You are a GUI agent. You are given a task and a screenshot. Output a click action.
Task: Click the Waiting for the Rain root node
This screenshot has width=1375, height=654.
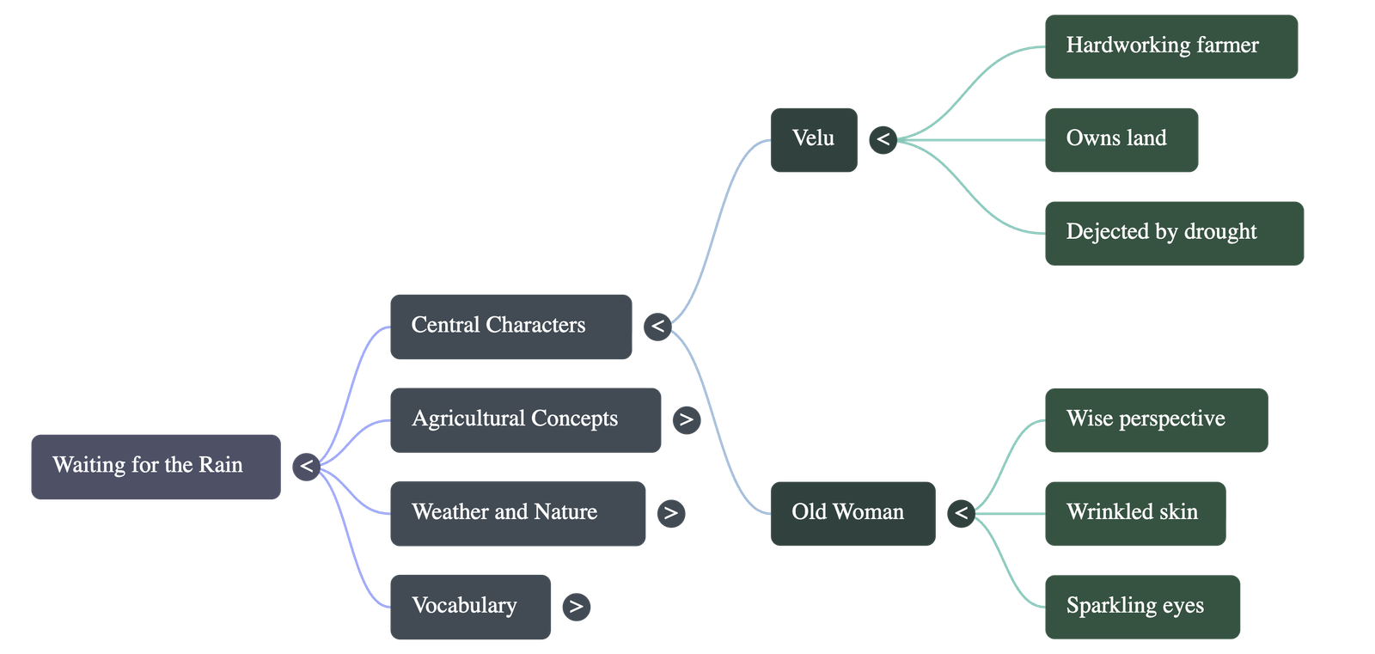[156, 467]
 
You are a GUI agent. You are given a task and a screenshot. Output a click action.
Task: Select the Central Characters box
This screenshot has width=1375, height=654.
[510, 327]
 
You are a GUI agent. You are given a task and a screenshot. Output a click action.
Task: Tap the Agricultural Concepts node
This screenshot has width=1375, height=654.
[525, 420]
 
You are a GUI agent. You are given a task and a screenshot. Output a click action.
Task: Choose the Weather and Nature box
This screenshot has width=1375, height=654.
[517, 513]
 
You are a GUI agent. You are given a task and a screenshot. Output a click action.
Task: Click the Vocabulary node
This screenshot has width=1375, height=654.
[470, 607]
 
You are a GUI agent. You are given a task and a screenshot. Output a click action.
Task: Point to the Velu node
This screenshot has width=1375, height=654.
[814, 140]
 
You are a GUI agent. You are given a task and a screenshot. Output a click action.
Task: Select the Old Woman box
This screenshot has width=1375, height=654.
[852, 513]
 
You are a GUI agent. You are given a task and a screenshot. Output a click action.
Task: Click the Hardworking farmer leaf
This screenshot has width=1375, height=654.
[1170, 47]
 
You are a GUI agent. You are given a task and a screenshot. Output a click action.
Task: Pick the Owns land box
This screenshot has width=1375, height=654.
[1121, 140]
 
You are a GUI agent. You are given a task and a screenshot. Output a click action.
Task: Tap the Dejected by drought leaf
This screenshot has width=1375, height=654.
[1174, 233]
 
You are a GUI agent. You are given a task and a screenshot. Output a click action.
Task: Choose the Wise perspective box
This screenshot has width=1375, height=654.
[1156, 420]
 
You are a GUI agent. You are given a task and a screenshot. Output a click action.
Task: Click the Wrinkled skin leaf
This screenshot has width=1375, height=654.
[1134, 513]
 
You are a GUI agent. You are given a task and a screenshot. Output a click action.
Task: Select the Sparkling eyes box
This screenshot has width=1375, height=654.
[1142, 607]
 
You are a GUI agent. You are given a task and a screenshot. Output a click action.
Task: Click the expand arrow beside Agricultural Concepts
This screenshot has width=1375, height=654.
[686, 420]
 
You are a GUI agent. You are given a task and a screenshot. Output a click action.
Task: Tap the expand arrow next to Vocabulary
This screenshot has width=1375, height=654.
[576, 607]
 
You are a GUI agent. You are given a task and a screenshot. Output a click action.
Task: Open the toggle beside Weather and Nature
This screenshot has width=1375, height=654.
[670, 514]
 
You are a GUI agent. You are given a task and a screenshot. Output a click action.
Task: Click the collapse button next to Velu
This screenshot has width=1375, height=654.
[883, 140]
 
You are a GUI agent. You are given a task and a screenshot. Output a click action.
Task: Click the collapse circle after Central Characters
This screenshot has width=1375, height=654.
[657, 327]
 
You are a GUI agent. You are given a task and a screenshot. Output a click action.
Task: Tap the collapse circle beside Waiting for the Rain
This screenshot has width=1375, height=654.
[306, 467]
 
